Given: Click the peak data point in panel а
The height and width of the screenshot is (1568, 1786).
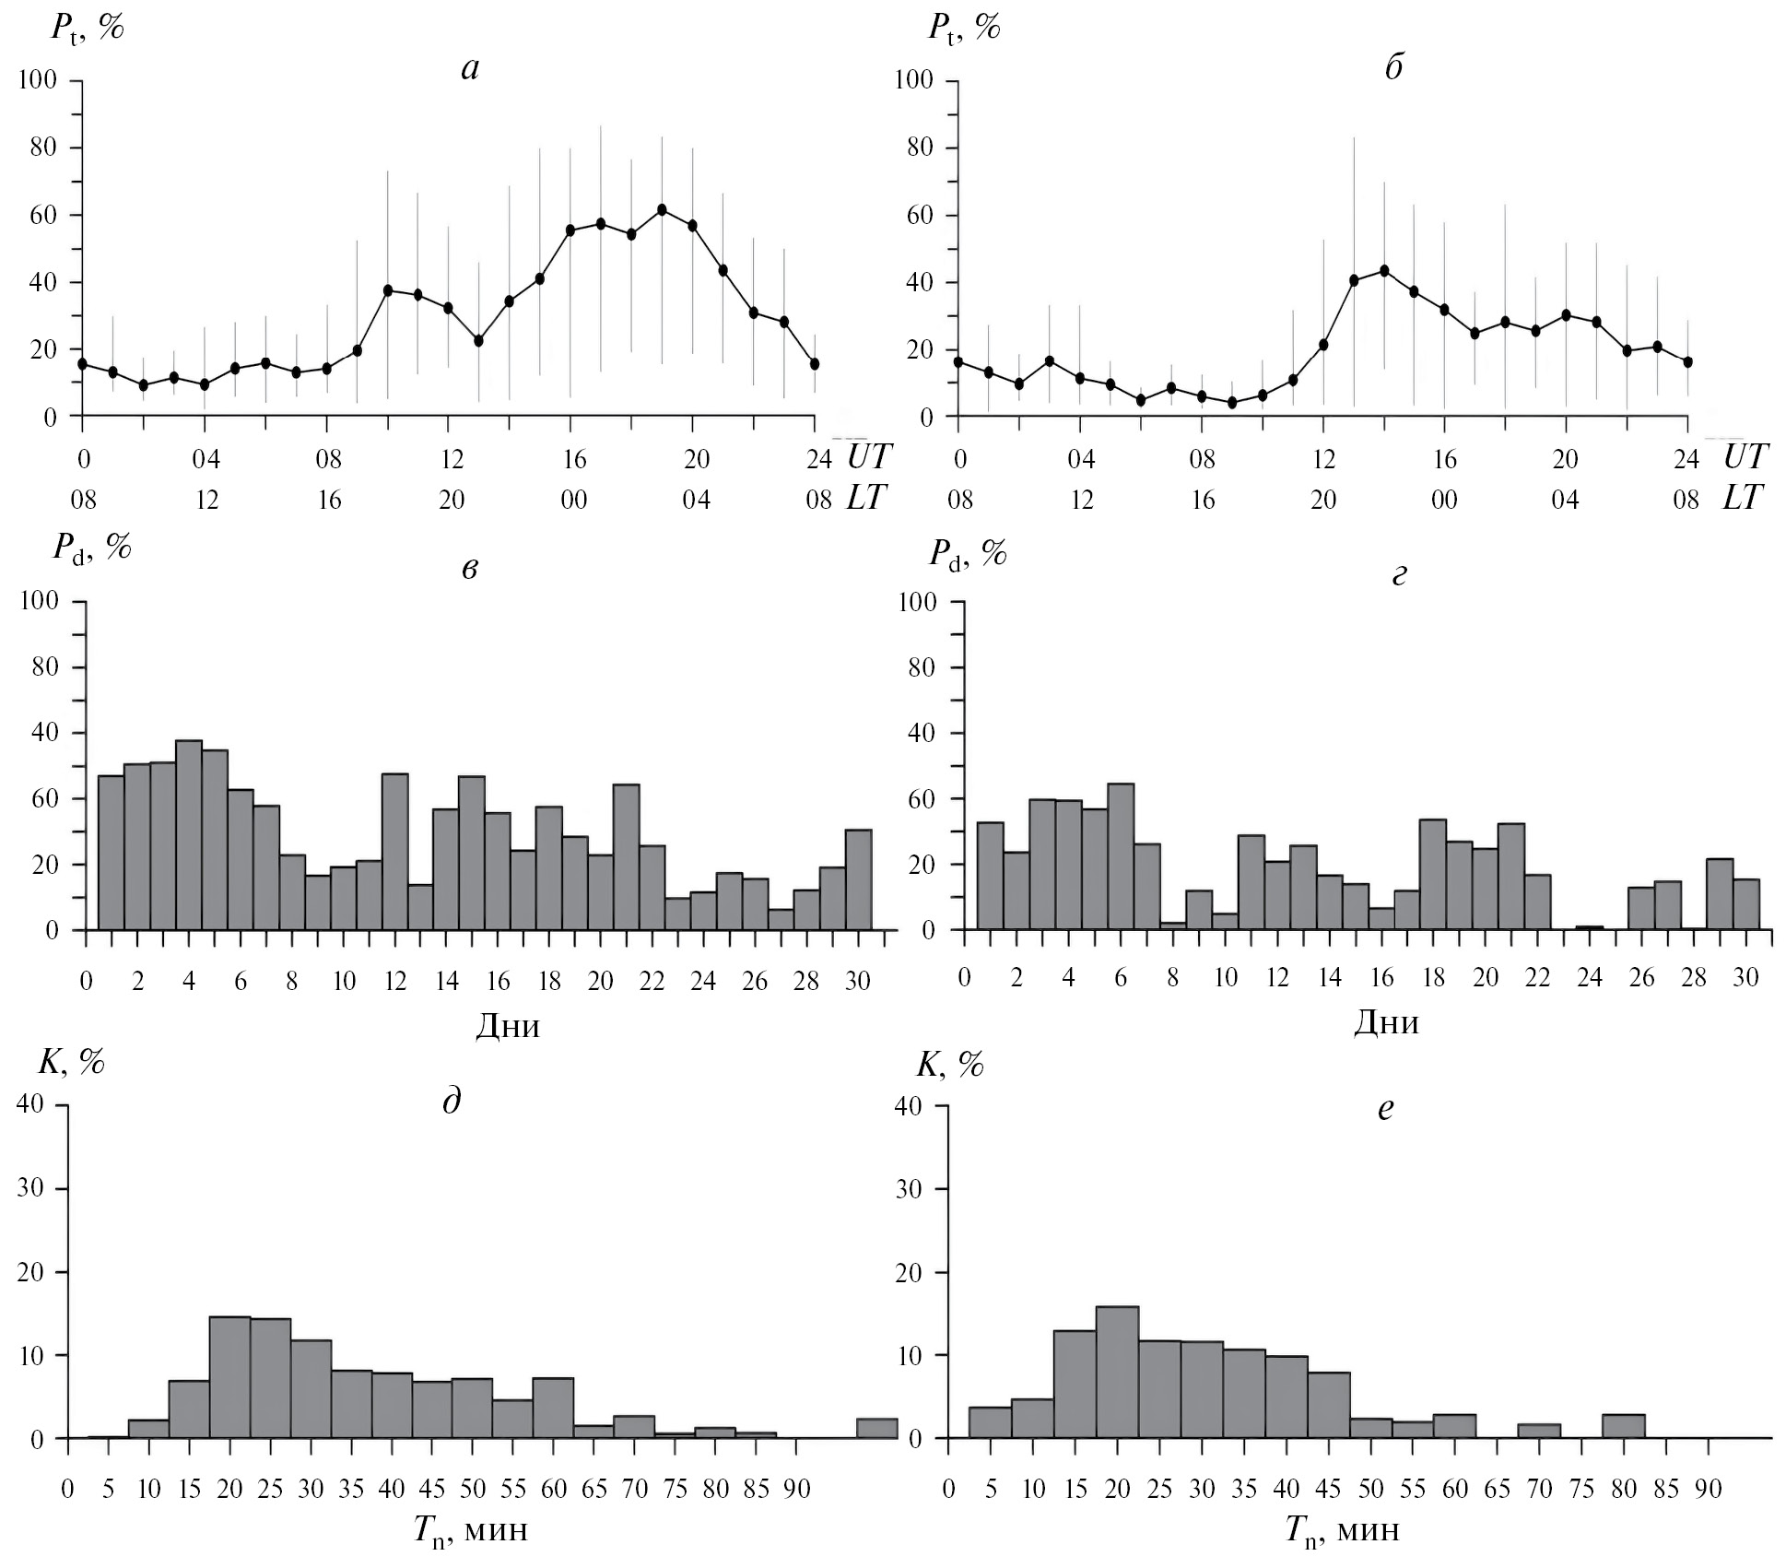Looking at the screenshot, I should point(662,209).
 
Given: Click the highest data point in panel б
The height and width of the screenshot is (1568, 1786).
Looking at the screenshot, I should point(1383,270).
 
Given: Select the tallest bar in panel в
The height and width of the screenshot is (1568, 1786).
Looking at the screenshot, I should point(189,834).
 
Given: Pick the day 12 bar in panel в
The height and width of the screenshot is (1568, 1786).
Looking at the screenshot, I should point(394,851).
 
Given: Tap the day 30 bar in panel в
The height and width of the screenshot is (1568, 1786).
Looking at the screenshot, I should point(858,879).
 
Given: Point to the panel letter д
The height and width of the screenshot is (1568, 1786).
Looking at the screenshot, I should point(452,1101).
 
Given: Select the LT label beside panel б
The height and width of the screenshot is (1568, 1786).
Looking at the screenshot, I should point(1742,499).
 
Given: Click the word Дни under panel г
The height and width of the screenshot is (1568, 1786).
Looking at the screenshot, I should point(1385,1022).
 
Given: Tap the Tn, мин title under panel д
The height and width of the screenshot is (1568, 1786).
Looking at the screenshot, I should point(470,1530).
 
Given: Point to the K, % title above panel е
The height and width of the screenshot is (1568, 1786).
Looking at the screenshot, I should point(949,1065).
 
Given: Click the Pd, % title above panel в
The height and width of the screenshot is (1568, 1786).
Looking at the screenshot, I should point(91,548).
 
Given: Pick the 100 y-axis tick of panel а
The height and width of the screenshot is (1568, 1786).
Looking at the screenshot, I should point(38,81).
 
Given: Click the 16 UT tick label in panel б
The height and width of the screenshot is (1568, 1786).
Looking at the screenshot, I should point(1444,458).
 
